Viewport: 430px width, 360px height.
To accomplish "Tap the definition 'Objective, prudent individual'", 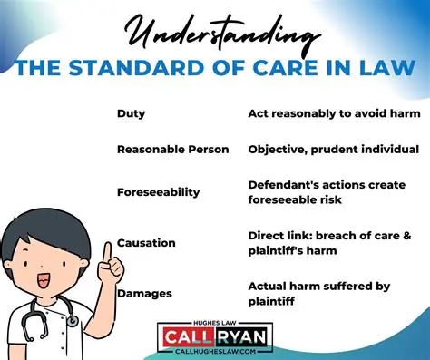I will coord(333,148).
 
